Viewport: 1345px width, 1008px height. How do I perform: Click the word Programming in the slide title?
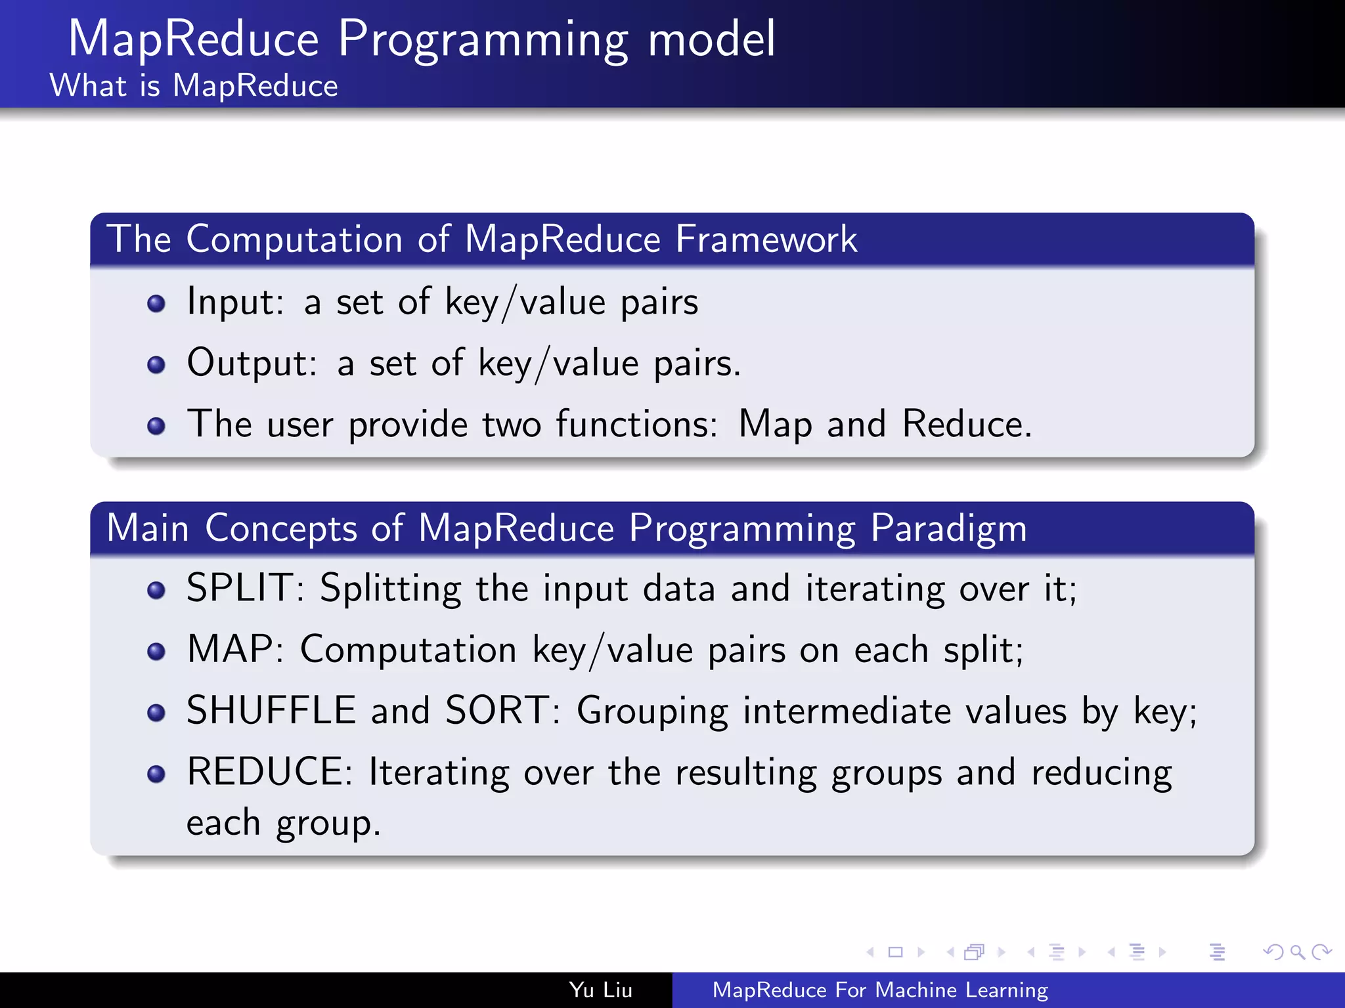(483, 41)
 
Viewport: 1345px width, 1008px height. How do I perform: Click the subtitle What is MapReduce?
(194, 86)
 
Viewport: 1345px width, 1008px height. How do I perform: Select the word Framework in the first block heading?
(766, 239)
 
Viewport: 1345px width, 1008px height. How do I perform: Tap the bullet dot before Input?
(156, 304)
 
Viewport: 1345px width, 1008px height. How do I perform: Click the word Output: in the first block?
(252, 363)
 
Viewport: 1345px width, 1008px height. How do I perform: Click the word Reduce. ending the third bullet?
(967, 424)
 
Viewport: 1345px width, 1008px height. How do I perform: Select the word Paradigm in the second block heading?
(948, 528)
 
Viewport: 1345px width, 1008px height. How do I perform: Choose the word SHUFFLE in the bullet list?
(271, 711)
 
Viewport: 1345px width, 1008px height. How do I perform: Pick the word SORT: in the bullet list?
(502, 711)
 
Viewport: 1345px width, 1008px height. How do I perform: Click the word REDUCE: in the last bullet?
(270, 772)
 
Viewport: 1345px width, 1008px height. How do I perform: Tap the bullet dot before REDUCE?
(156, 774)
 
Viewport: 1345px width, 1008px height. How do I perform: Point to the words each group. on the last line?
(283, 824)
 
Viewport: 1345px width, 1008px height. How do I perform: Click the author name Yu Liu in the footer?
(600, 990)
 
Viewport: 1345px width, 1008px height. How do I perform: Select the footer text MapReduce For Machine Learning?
(880, 990)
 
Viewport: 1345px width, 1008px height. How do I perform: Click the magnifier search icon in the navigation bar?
(1297, 952)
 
